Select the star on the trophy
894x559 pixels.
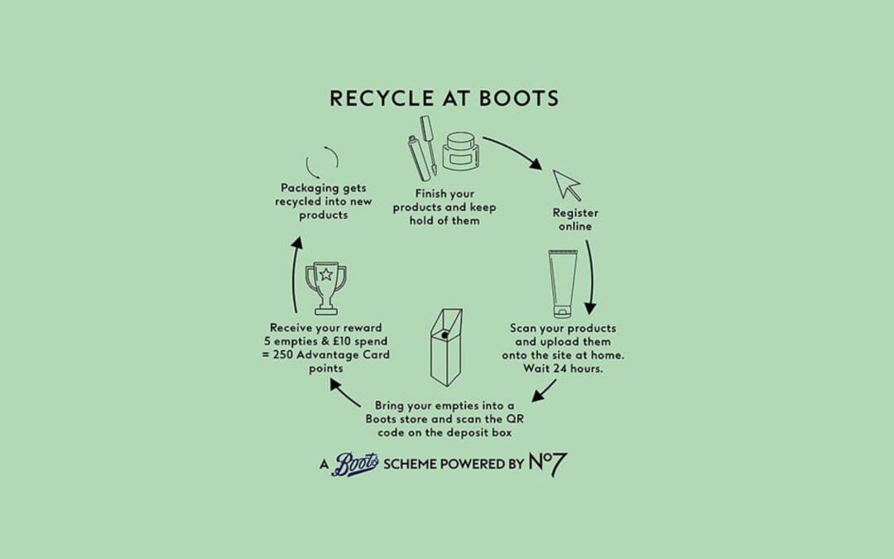click(325, 272)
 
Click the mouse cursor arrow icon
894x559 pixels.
click(566, 183)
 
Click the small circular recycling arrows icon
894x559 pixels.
click(322, 162)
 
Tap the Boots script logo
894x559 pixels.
click(356, 464)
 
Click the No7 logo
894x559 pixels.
click(548, 464)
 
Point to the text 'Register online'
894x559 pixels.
click(575, 219)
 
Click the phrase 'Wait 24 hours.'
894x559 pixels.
click(562, 369)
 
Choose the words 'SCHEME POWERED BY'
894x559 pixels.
click(454, 464)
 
